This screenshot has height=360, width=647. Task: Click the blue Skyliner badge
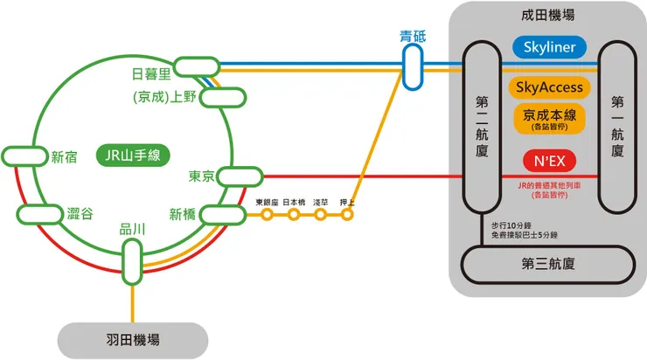(550, 47)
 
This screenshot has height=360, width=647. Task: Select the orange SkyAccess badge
(550, 87)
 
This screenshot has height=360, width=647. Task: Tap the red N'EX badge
(550, 162)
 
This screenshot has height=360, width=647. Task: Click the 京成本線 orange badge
(550, 118)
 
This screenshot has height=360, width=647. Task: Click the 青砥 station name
(412, 37)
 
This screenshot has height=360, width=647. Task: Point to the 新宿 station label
(64, 157)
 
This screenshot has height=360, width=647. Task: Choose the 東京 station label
(201, 177)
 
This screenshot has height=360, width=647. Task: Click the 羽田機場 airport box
(132, 340)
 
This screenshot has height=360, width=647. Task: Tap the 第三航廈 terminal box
(548, 263)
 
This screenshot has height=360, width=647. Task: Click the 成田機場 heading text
(547, 16)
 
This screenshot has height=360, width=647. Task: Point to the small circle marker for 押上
(347, 214)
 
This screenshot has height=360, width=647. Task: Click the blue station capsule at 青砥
(412, 67)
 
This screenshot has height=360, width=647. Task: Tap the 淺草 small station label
(321, 202)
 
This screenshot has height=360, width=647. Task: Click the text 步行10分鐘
(514, 225)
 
